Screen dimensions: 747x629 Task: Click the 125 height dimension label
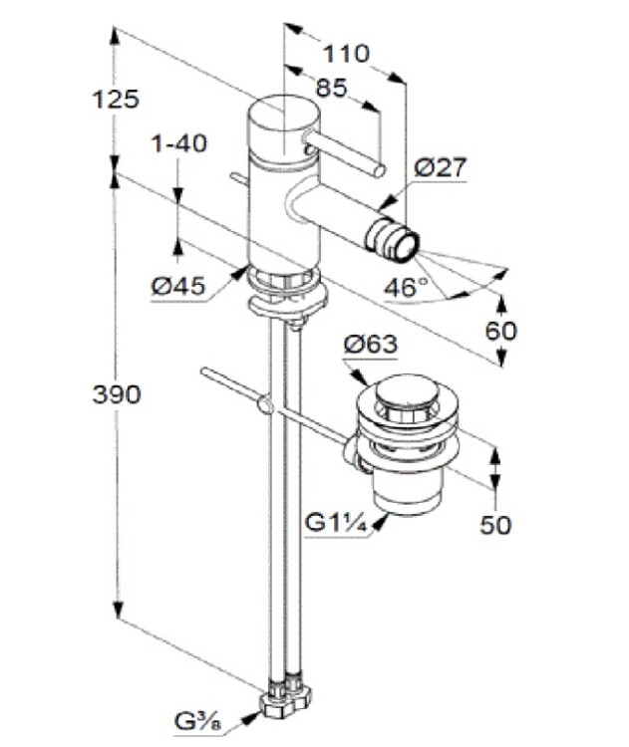(115, 99)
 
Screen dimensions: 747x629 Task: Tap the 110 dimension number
(347, 53)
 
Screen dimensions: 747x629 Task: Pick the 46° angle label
(406, 287)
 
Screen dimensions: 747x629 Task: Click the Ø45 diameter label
(178, 286)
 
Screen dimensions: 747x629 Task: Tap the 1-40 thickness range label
(178, 143)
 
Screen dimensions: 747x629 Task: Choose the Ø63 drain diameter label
(370, 345)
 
